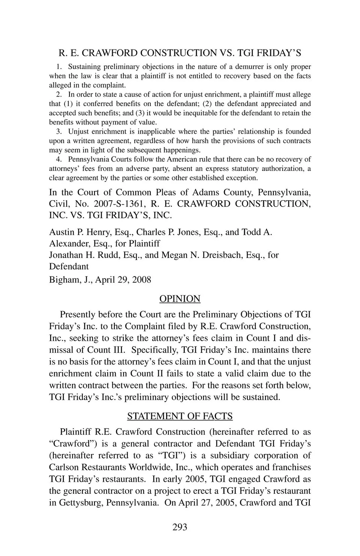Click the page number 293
point(180,527)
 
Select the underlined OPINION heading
point(180,299)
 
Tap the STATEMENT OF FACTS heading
point(180,416)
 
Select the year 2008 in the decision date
point(141,280)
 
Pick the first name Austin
point(61,232)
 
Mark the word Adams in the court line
point(205,192)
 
